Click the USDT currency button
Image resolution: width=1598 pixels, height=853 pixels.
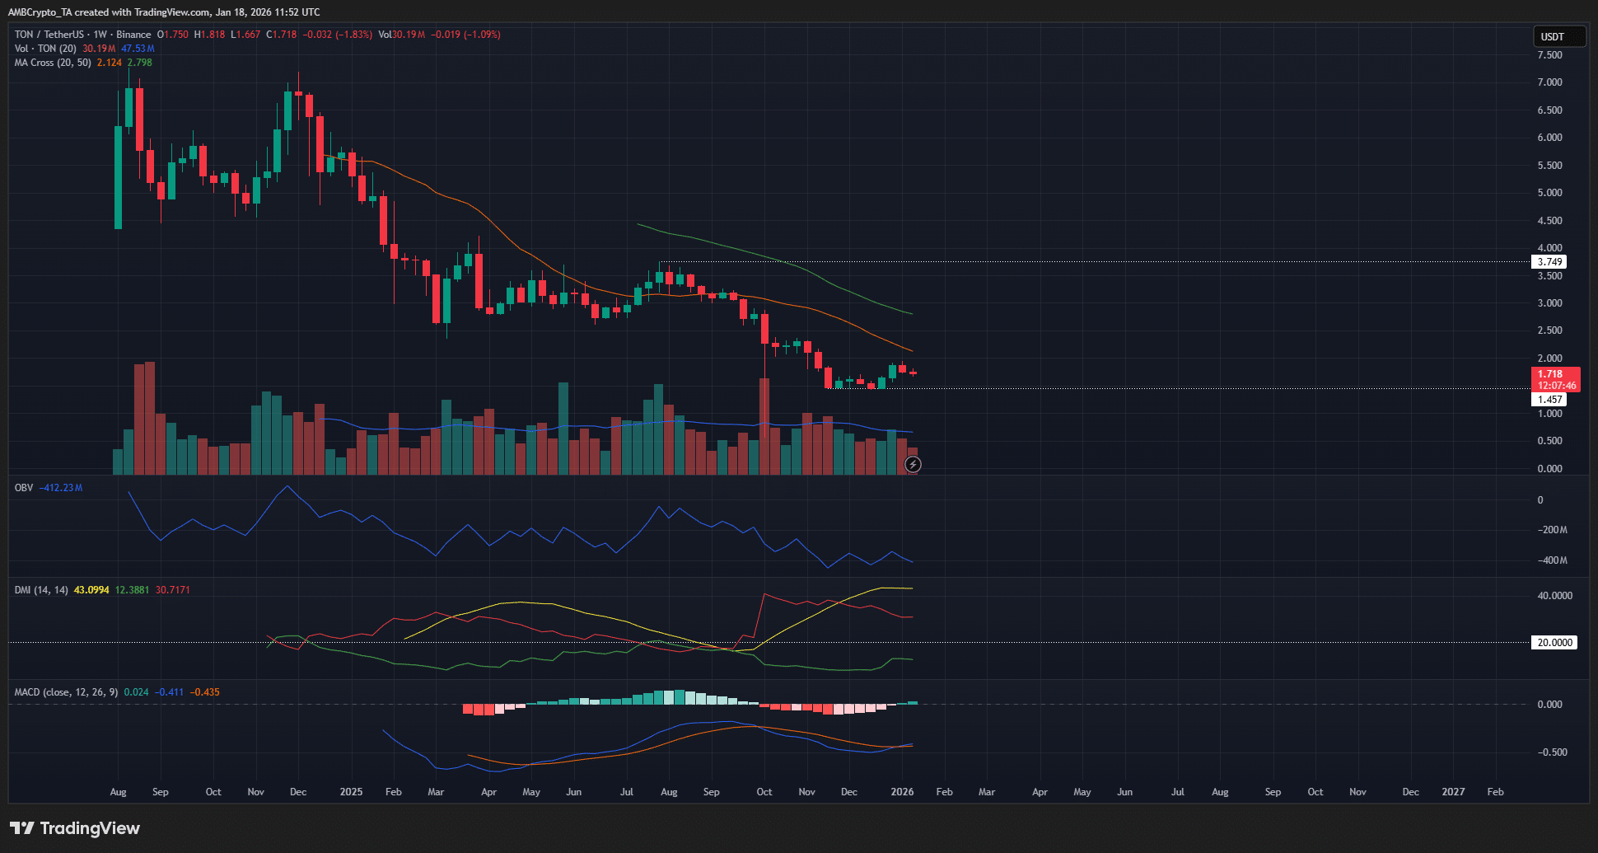click(1558, 36)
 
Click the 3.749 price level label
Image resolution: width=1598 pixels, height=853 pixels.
click(1549, 262)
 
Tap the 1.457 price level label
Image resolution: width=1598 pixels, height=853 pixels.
click(1549, 400)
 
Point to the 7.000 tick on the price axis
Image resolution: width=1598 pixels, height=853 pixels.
click(1549, 82)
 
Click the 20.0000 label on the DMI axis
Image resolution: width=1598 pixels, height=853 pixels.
click(1554, 643)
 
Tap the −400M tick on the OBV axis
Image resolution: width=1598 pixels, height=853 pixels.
click(1552, 560)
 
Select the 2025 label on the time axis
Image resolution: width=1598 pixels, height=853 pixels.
click(351, 792)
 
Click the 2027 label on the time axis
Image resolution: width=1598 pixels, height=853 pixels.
click(1453, 792)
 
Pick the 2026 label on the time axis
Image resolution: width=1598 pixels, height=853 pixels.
click(902, 792)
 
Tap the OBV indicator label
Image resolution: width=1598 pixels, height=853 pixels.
click(24, 488)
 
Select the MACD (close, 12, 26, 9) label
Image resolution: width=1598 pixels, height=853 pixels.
click(66, 692)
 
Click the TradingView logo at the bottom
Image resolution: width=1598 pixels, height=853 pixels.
click(75, 828)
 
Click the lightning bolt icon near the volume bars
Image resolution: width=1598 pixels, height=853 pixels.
click(913, 465)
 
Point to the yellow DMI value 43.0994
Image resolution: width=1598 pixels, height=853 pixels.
click(91, 590)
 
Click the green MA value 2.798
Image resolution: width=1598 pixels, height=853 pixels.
click(139, 63)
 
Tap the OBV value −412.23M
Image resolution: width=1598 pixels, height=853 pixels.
click(61, 488)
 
